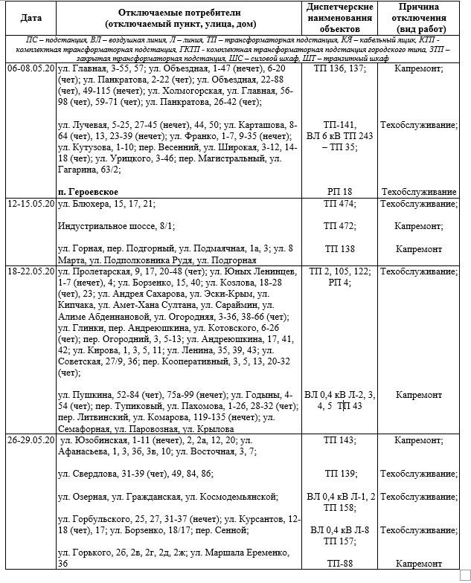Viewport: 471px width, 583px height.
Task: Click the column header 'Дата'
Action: click(31, 17)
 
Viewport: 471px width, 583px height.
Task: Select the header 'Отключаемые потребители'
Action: click(176, 16)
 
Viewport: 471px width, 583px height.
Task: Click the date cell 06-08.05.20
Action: click(31, 68)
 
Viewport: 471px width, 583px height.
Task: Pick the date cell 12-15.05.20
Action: click(31, 203)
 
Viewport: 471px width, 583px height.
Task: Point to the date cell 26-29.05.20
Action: click(31, 440)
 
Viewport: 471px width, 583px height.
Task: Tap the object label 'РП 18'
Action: click(339, 191)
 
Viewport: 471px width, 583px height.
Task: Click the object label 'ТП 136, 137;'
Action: click(340, 68)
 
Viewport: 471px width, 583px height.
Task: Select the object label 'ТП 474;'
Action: click(339, 203)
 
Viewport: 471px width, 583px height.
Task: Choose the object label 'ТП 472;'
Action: click(339, 225)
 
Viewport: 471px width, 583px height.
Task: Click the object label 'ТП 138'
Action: click(339, 248)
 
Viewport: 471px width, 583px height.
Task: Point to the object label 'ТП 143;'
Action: click(339, 440)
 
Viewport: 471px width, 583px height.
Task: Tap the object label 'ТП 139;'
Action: click(339, 473)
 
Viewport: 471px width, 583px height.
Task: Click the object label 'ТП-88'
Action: click(339, 563)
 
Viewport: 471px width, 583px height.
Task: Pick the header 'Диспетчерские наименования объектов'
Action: click(339, 16)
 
